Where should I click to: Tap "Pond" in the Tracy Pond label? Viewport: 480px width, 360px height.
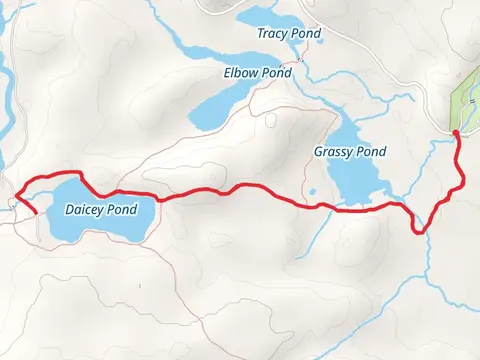tap(304, 33)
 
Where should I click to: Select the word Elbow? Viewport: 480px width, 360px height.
tap(241, 73)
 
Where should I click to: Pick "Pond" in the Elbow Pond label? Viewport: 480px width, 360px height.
tap(276, 73)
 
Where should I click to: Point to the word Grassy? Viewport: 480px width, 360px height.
tap(333, 152)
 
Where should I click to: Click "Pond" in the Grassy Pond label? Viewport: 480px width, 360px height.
tap(370, 152)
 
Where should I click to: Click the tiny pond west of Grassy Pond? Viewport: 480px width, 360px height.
tap(312, 191)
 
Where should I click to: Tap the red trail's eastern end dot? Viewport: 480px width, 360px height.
tap(455, 132)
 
